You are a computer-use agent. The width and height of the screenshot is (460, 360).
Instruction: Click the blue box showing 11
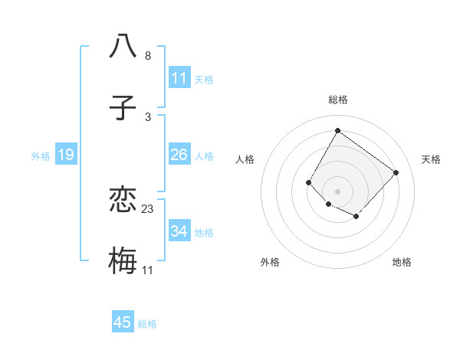pyautogui.click(x=179, y=77)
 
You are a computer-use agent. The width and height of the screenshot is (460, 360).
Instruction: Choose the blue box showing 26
pyautogui.click(x=179, y=155)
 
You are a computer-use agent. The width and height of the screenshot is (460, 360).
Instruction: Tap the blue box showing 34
pyautogui.click(x=179, y=231)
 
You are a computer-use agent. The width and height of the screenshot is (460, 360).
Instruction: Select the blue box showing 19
pyautogui.click(x=66, y=155)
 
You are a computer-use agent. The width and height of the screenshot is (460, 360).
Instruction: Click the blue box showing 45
pyautogui.click(x=123, y=322)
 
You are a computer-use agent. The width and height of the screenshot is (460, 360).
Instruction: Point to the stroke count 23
pyautogui.click(x=148, y=208)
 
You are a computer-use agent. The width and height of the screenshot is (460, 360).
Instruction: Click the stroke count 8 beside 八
pyautogui.click(x=148, y=55)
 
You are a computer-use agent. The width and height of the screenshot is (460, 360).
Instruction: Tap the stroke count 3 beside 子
pyautogui.click(x=148, y=116)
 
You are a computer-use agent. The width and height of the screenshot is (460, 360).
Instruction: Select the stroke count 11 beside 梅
pyautogui.click(x=148, y=270)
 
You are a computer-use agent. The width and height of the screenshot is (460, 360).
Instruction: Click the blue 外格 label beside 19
pyautogui.click(x=41, y=155)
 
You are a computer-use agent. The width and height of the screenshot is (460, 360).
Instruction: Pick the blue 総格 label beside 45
pyautogui.click(x=147, y=324)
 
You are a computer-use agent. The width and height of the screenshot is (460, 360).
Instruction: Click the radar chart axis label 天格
pyautogui.click(x=431, y=159)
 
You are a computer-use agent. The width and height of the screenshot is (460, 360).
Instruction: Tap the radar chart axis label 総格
pyautogui.click(x=337, y=100)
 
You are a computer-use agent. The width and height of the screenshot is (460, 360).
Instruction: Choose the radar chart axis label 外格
pyautogui.click(x=270, y=262)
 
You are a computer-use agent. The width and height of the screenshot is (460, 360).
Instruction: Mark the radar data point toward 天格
pyautogui.click(x=396, y=172)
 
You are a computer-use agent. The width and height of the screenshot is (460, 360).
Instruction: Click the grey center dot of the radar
pyautogui.click(x=337, y=191)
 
